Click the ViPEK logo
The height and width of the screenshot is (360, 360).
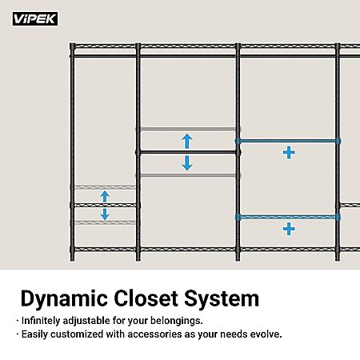[35, 18]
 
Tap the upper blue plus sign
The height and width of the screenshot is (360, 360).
[289, 153]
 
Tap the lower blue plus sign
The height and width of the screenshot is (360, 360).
[289, 229]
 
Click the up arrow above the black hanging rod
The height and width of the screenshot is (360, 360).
[187, 141]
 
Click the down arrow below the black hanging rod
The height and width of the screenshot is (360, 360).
[187, 163]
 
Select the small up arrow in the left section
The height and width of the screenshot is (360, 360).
[105, 197]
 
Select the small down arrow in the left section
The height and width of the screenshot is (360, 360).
[105, 214]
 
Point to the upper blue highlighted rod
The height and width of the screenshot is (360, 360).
[288, 141]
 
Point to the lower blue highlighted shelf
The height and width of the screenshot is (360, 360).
[288, 218]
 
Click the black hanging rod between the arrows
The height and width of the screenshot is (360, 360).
[188, 153]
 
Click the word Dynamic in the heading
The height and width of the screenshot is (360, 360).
[64, 299]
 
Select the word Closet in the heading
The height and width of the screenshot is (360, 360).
[146, 298]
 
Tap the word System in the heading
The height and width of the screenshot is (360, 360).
[222, 299]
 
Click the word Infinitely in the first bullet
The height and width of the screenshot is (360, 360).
[41, 321]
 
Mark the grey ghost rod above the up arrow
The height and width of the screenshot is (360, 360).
[188, 129]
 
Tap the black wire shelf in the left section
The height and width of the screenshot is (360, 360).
[105, 205]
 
